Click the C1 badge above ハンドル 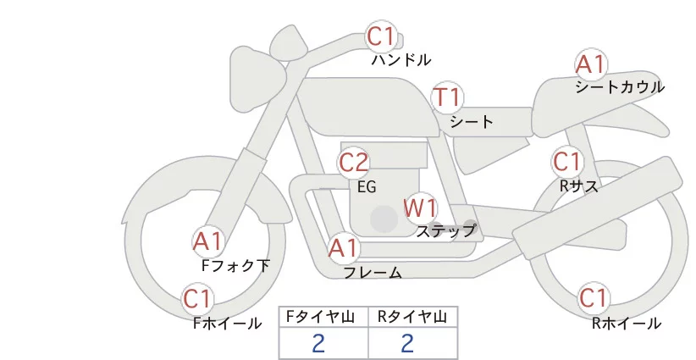pyautogui.click(x=381, y=36)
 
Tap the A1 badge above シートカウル pyautogui.click(x=590, y=64)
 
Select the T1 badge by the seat pyautogui.click(x=446, y=97)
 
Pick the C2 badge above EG pyautogui.click(x=354, y=162)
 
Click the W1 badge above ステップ pyautogui.click(x=420, y=207)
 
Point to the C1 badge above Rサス pyautogui.click(x=566, y=161)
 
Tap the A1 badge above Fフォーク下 pyautogui.click(x=207, y=242)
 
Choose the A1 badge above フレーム pyautogui.click(x=344, y=249)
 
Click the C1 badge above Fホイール pyautogui.click(x=198, y=299)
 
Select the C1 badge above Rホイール pyautogui.click(x=594, y=298)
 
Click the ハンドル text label pyautogui.click(x=401, y=60)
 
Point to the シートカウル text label pyautogui.click(x=620, y=87)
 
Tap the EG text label pyautogui.click(x=367, y=187)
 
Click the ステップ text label pyautogui.click(x=446, y=230)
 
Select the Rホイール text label pyautogui.click(x=627, y=323)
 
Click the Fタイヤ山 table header pyautogui.click(x=323, y=318)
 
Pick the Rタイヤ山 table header pyautogui.click(x=412, y=318)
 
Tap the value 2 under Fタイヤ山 pyautogui.click(x=318, y=343)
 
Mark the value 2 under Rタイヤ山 pyautogui.click(x=407, y=343)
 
